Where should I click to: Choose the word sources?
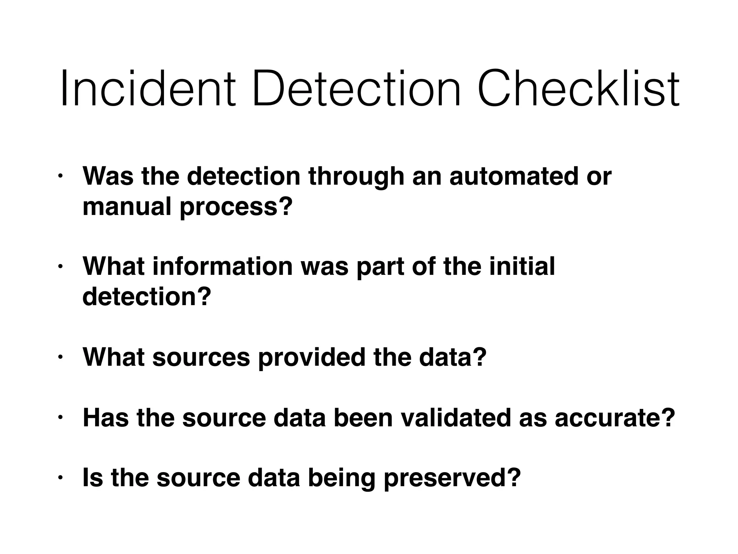[x=201, y=357]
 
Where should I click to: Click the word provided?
[x=312, y=357]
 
